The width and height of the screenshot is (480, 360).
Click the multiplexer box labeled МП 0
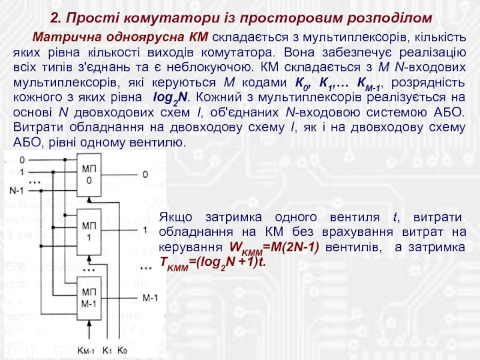click(89, 175)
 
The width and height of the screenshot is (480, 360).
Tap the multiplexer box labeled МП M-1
click(89, 296)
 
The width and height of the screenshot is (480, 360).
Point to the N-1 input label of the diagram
click(17, 190)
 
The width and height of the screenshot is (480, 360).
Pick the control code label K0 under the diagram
click(122, 350)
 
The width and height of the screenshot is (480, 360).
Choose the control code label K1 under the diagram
click(108, 350)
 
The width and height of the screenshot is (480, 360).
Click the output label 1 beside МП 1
click(145, 230)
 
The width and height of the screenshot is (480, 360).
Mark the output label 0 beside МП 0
click(145, 175)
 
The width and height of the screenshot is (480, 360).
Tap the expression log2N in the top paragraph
click(168, 97)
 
